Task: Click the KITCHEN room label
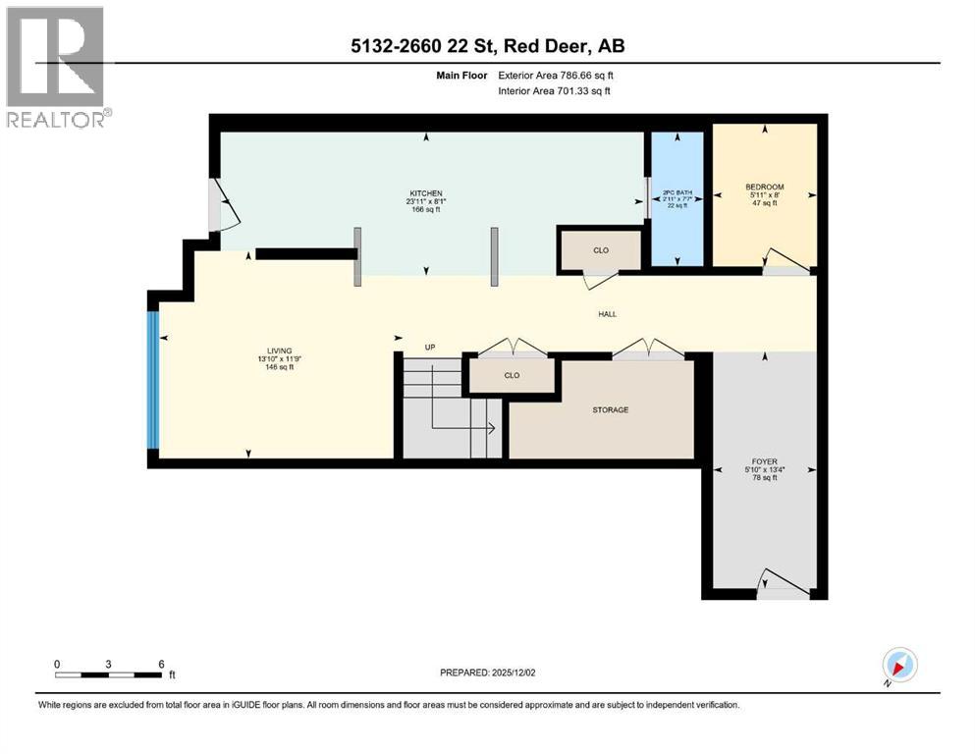click(x=426, y=192)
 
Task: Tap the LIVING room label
click(x=280, y=349)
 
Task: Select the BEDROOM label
click(x=764, y=187)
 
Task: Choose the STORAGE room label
click(x=610, y=409)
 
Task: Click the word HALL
click(x=607, y=314)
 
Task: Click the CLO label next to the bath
click(x=601, y=250)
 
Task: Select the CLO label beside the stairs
click(x=512, y=375)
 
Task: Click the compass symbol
click(x=898, y=665)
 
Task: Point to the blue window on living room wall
click(x=152, y=379)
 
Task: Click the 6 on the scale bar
click(x=160, y=664)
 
